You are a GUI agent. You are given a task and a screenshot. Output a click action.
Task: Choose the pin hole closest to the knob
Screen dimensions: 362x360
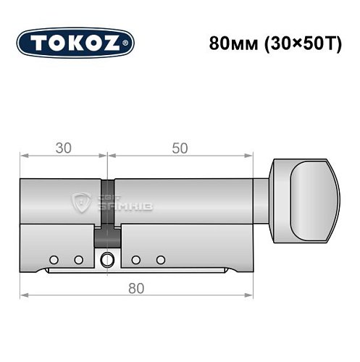coord(161,259)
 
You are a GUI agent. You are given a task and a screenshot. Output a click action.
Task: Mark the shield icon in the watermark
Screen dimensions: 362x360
coord(84,203)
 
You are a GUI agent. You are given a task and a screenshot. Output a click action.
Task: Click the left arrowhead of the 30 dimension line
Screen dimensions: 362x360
coord(23,156)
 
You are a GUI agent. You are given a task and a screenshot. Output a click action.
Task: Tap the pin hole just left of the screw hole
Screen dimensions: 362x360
coord(78,259)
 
